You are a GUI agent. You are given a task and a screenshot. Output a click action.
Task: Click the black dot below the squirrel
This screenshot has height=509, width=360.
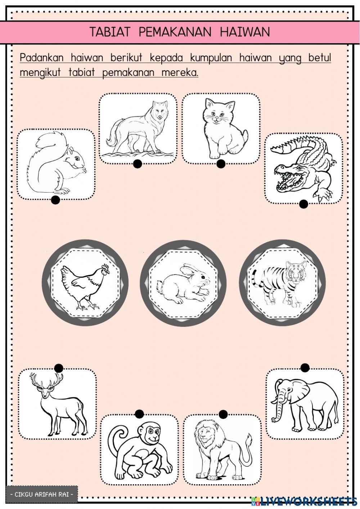pos(55,200)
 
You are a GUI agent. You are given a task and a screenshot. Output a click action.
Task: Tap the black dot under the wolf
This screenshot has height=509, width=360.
pos(138,164)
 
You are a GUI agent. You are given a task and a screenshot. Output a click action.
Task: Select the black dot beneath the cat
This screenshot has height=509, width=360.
pos(221,164)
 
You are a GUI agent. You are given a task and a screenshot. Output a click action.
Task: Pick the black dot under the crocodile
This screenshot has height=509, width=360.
pos(303,204)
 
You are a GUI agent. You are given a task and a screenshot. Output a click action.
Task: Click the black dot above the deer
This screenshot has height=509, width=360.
pos(59,368)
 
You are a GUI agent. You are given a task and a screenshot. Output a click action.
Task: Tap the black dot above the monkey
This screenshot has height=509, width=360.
pos(139,414)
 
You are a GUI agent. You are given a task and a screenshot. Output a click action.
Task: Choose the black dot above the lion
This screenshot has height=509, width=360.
pos(223,414)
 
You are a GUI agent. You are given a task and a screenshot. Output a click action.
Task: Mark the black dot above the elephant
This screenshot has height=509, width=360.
pos(305,368)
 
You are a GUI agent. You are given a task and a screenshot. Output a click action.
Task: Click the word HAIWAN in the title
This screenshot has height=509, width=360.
pos(245,32)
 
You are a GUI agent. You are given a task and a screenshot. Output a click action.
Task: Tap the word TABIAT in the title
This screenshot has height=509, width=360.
pos(110,32)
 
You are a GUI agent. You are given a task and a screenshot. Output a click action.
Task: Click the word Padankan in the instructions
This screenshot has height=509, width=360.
pos(42,58)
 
